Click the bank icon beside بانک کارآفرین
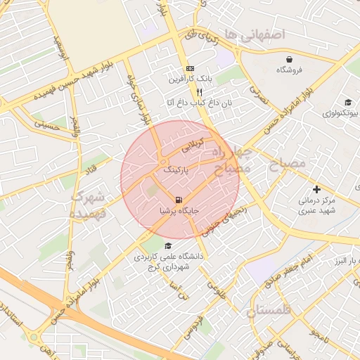click(x=189, y=68)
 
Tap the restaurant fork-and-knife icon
click(x=199, y=92)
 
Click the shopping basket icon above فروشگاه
click(x=290, y=58)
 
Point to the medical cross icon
click(x=316, y=189)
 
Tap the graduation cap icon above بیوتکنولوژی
click(x=348, y=103)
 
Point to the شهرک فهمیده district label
click(x=89, y=203)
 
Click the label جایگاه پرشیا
click(x=181, y=210)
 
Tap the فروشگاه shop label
click(x=290, y=70)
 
